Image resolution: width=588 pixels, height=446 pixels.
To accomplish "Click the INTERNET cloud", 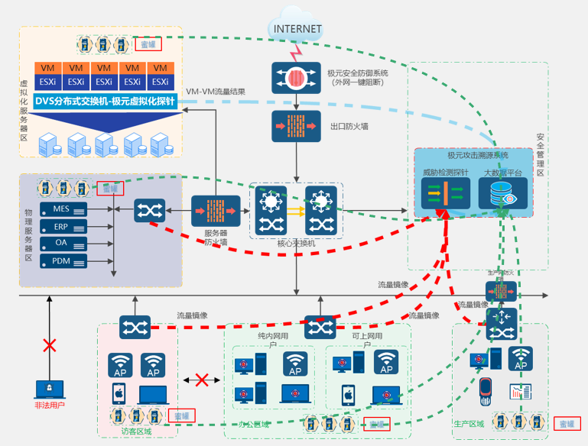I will [297, 29].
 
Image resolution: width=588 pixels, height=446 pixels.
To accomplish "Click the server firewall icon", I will [210, 212].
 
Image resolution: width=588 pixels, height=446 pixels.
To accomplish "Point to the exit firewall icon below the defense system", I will [296, 126].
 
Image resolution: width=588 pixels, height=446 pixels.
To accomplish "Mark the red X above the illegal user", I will [49, 345].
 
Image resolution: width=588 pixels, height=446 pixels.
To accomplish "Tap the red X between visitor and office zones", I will [203, 380].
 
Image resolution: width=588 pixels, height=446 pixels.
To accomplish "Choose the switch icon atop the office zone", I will [320, 327].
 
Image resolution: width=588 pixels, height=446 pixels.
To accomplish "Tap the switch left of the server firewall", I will [145, 210].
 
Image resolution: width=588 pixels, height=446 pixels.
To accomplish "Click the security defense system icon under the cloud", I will [296, 77].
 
